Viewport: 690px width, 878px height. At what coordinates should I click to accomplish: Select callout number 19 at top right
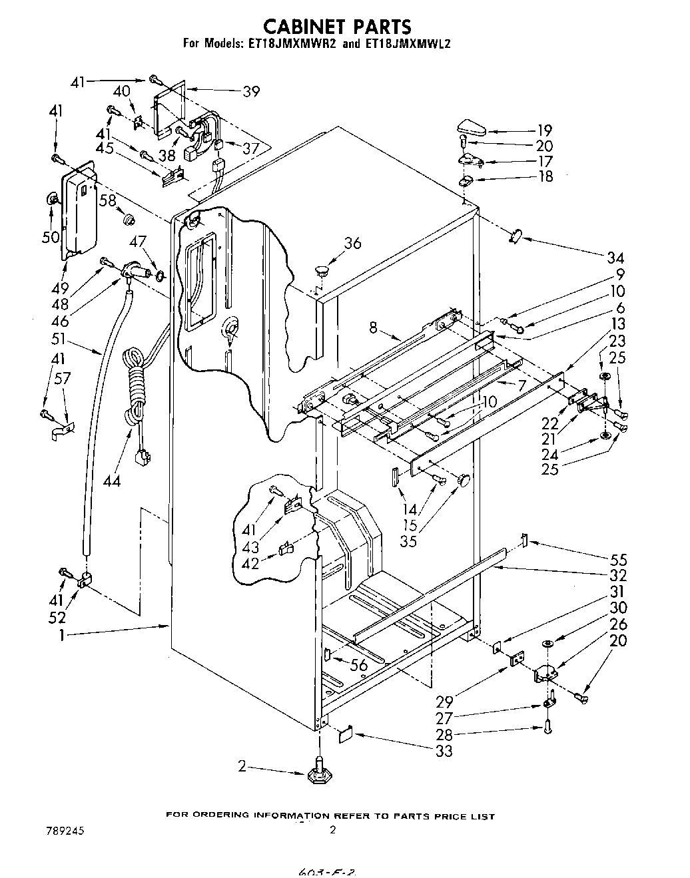tap(545, 131)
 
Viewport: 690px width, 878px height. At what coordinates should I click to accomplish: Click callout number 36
tap(352, 244)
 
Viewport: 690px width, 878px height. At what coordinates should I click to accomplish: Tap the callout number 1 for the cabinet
tap(62, 636)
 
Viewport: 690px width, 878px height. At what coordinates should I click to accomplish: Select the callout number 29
tap(445, 701)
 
